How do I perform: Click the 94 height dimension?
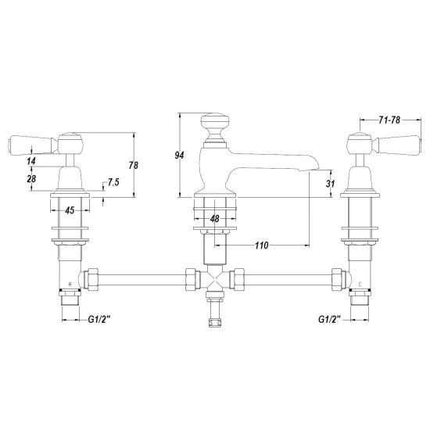tap(179, 156)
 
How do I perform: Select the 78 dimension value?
tap(134, 165)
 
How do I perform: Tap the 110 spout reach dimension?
tap(262, 245)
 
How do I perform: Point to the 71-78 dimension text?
tap(389, 120)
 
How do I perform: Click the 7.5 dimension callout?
tap(113, 182)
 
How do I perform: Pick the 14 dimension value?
tap(31, 161)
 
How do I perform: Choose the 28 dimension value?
tap(31, 178)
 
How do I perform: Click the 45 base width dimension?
tap(70, 210)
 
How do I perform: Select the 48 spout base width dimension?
tap(215, 219)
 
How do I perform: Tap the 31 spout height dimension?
tap(330, 183)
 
